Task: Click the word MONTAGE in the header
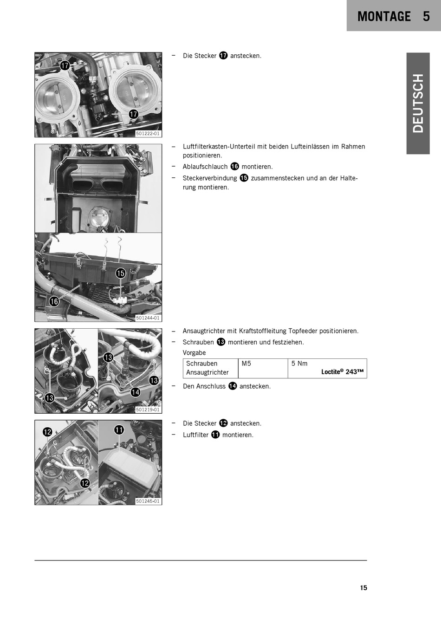384,16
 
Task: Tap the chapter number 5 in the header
426,16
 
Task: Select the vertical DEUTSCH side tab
418,104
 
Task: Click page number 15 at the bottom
363,588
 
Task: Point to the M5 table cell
246,364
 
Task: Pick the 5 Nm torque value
299,364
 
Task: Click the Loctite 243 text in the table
343,372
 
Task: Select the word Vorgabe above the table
194,353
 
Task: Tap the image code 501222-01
148,134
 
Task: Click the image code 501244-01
148,318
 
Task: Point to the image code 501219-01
148,410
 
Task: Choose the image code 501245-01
148,501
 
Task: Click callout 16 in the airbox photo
54,301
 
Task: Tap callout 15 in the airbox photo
120,273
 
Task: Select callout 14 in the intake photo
136,392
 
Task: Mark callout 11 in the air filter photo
119,430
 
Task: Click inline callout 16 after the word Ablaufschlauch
234,167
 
